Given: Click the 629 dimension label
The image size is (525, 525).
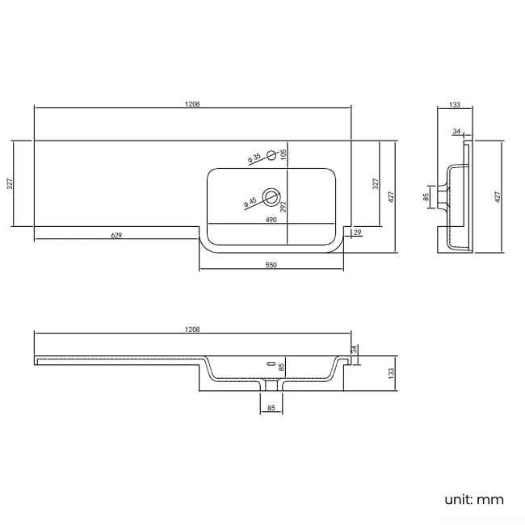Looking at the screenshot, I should click(116, 235).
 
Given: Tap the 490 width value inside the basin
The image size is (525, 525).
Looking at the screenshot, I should click(271, 220).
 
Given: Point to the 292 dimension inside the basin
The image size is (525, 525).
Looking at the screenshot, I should click(283, 205).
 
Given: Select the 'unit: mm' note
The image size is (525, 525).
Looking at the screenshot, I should click(474, 499).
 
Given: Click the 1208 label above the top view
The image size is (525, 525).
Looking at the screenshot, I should click(192, 104).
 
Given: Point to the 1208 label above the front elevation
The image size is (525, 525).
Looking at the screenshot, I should click(192, 330).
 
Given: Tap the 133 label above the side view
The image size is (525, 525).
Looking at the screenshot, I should click(455, 105).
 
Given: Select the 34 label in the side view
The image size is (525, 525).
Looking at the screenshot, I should click(457, 132).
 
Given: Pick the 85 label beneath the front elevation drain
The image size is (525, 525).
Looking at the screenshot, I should click(271, 409).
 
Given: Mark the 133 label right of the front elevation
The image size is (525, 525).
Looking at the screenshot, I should click(391, 372).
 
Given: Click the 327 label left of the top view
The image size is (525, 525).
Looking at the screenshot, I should click(10, 183).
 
